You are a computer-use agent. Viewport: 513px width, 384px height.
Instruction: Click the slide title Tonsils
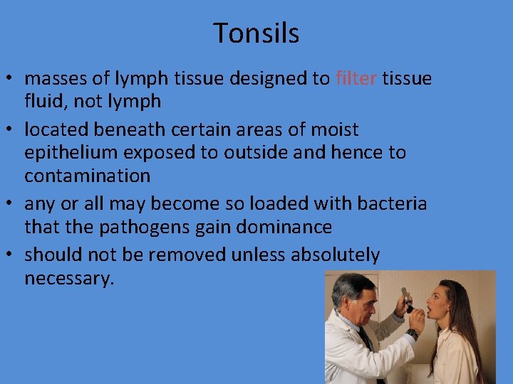click(x=256, y=33)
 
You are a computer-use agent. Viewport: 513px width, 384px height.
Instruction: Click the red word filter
click(x=356, y=78)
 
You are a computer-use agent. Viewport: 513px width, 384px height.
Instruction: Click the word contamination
click(x=88, y=175)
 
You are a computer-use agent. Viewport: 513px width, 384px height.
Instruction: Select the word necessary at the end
click(x=68, y=278)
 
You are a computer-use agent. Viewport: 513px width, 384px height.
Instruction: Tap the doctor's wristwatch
click(x=413, y=334)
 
